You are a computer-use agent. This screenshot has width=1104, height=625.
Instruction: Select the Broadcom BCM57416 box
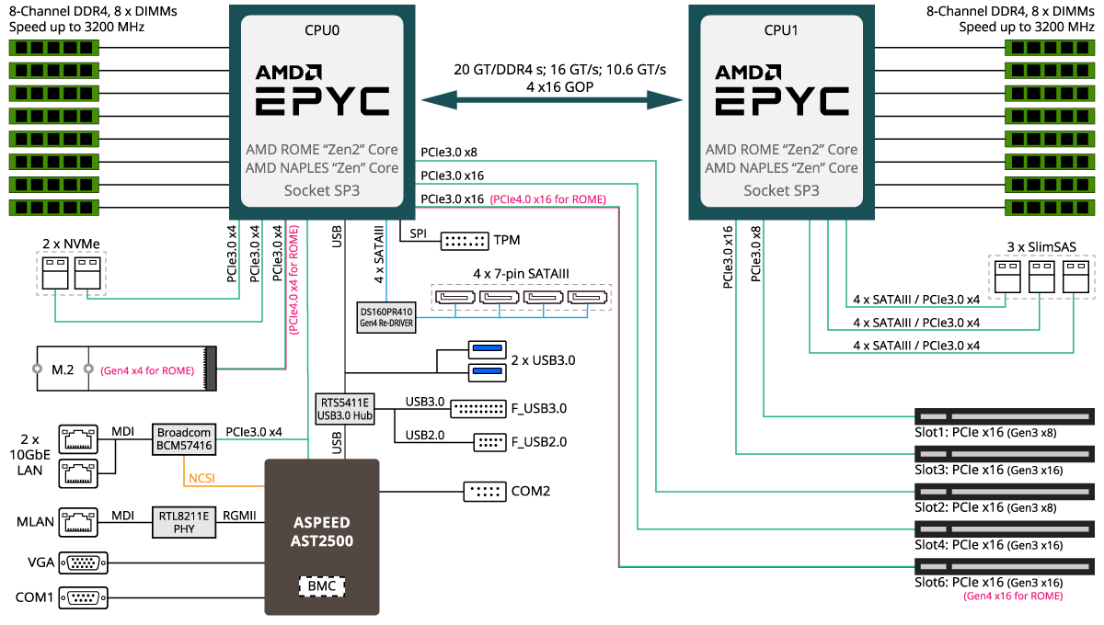click(184, 439)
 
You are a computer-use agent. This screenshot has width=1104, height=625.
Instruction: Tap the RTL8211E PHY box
click(184, 523)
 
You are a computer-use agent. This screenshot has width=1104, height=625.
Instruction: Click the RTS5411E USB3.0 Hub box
click(345, 409)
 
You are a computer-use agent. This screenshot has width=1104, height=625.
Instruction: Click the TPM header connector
click(465, 241)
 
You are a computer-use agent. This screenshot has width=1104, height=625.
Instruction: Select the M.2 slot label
click(63, 369)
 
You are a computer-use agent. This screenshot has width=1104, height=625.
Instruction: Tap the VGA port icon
click(83, 562)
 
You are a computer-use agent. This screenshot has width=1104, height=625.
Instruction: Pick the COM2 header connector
click(484, 491)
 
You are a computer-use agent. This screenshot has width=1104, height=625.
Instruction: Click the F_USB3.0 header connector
click(479, 408)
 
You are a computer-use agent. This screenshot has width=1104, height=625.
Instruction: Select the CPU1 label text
click(781, 30)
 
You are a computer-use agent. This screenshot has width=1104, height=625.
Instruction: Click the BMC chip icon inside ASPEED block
click(322, 585)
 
